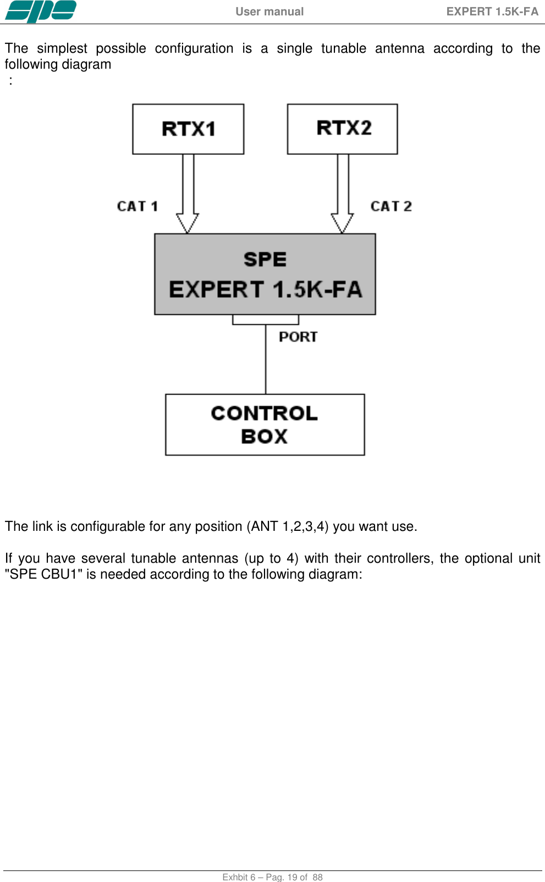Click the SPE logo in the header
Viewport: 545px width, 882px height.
tap(40, 12)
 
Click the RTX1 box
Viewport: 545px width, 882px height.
tap(188, 129)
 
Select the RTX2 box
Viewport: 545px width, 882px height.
tap(342, 129)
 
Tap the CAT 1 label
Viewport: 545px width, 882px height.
tap(137, 207)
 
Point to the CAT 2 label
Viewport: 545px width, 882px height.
tap(391, 207)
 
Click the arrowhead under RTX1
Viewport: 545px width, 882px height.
tap(188, 223)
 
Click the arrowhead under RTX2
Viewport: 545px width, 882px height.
tap(342, 223)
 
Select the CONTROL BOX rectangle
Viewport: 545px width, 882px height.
tap(265, 424)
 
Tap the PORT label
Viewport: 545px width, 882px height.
tap(298, 337)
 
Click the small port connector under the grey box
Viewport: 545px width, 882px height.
tap(266, 320)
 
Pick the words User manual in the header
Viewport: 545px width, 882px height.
tap(269, 12)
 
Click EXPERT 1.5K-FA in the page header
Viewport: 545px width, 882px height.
tap(492, 12)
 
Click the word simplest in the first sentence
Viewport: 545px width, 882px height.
tap(62, 48)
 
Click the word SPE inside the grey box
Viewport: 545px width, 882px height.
tap(265, 259)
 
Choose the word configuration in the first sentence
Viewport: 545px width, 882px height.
tap(194, 48)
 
